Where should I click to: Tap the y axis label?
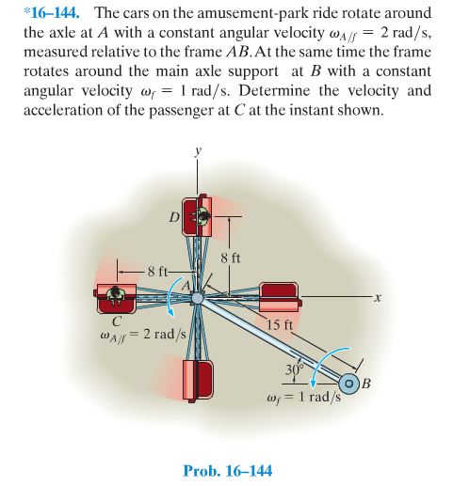198,150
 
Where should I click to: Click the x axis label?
375,298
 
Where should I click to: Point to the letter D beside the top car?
174,219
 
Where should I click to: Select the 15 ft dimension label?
280,325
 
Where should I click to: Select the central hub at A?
197,298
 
